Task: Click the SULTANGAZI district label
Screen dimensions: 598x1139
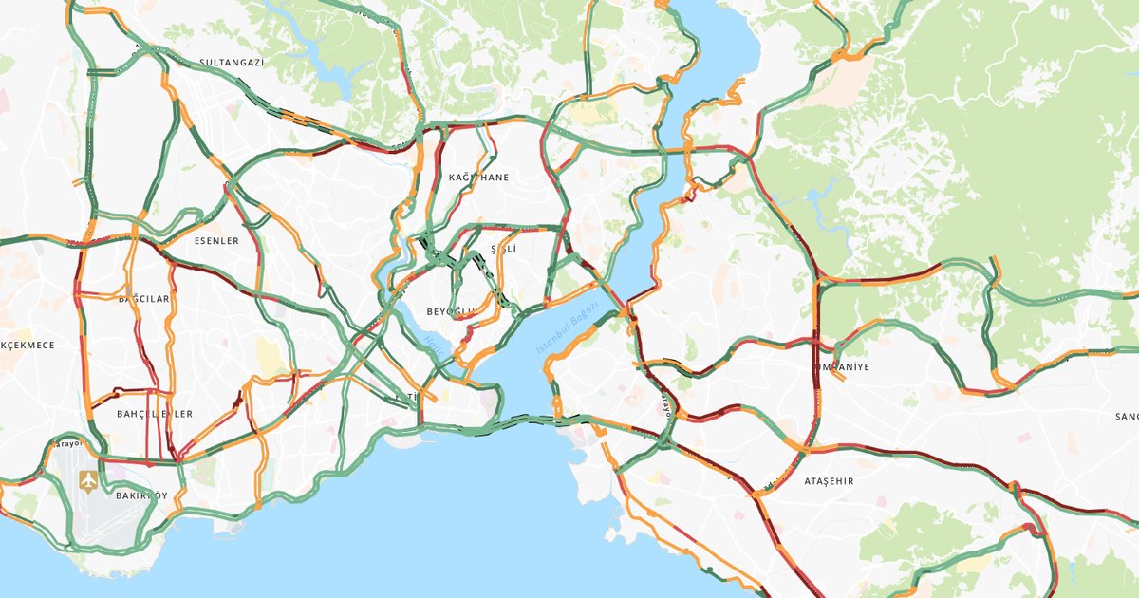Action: tap(231, 63)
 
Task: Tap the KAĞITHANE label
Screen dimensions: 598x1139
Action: tap(478, 178)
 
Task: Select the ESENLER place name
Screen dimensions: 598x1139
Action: tap(216, 241)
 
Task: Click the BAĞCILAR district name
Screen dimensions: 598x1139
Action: tap(143, 299)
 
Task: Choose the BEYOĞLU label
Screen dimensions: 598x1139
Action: tap(449, 312)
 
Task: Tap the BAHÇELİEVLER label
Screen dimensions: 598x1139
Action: tap(154, 414)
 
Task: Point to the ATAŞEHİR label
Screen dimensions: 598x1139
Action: tap(828, 481)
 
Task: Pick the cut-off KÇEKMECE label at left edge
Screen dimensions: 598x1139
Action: tap(28, 345)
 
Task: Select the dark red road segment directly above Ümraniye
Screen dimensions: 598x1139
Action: tap(815, 323)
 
